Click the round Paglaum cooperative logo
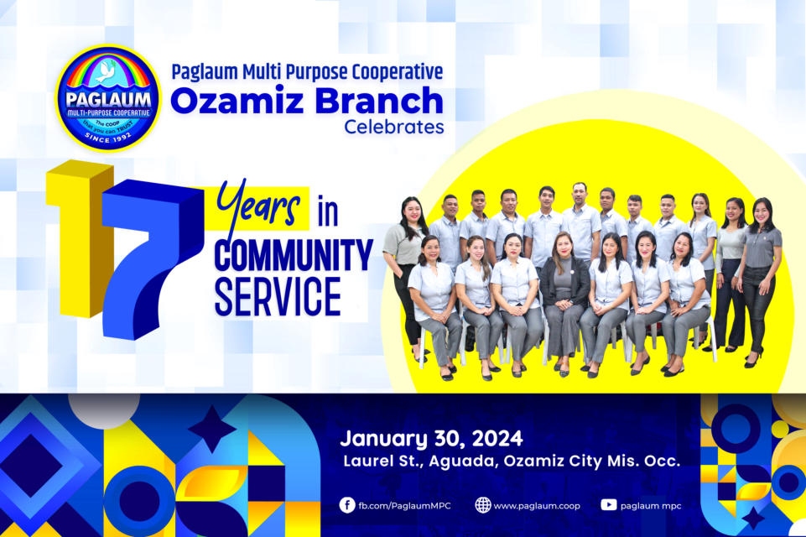click(x=108, y=97)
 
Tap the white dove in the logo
click(x=107, y=72)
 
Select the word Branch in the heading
click(x=379, y=100)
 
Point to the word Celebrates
click(x=393, y=127)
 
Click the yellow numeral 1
click(x=81, y=238)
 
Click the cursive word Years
click(x=258, y=204)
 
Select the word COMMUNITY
click(x=294, y=255)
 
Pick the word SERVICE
click(x=278, y=296)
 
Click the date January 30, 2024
click(x=431, y=439)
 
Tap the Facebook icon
click(x=347, y=505)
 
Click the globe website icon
click(x=482, y=505)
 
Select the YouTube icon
click(x=609, y=505)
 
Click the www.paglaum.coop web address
click(x=537, y=506)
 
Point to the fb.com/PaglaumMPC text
click(x=404, y=506)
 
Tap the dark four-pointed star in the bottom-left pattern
click(x=212, y=429)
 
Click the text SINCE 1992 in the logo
click(x=108, y=138)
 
